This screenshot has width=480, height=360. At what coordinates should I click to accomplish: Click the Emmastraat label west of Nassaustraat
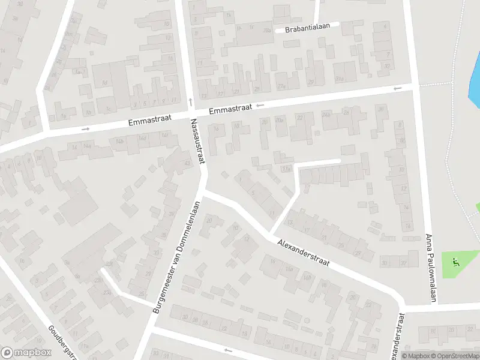pyautogui.click(x=149, y=121)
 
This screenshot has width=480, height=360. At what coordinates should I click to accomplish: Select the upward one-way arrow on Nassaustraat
pyautogui.click(x=190, y=101)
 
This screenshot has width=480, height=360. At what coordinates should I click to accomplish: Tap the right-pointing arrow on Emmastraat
pyautogui.click(x=86, y=128)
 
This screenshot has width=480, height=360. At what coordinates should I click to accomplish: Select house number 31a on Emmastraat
pyautogui.click(x=339, y=79)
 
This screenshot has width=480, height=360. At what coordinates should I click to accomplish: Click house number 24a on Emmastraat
pyautogui.click(x=326, y=113)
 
